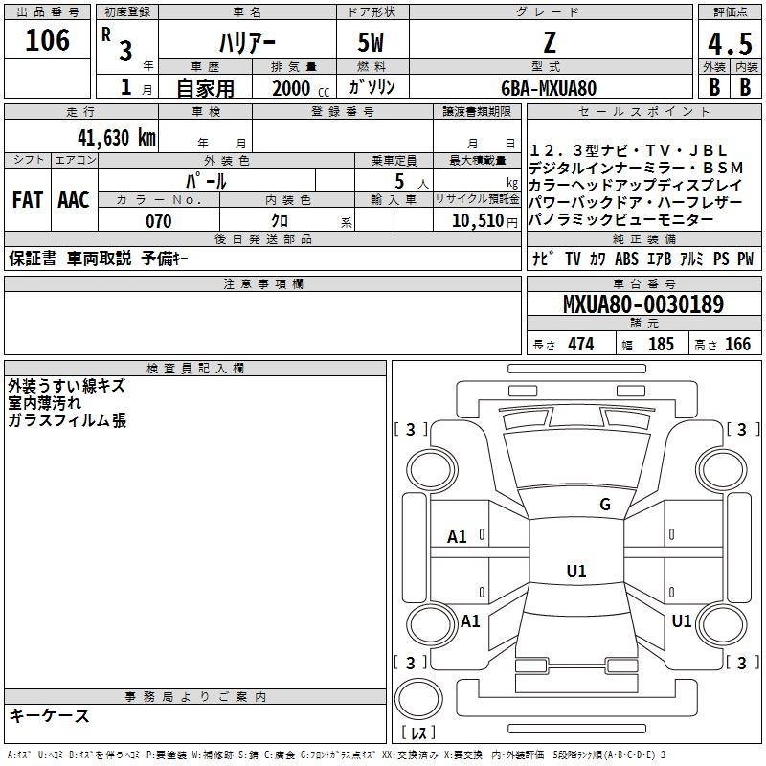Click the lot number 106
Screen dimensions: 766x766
click(x=47, y=40)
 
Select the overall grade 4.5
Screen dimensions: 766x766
click(x=730, y=44)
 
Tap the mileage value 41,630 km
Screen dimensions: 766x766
click(x=116, y=138)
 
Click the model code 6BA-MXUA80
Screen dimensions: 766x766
click(x=549, y=88)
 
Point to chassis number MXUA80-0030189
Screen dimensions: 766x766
click(x=643, y=304)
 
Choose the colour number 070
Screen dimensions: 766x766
click(x=159, y=221)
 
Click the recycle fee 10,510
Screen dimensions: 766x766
click(x=477, y=220)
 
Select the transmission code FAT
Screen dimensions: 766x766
click(x=28, y=200)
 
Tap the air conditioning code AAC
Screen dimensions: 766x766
click(x=74, y=200)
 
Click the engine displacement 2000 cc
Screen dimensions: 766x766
click(x=301, y=88)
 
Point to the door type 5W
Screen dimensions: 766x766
click(x=371, y=42)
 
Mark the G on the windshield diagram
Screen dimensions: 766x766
click(x=605, y=504)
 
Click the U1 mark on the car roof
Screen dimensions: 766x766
click(x=576, y=571)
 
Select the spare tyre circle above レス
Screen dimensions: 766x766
click(x=418, y=699)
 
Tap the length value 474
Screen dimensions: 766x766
click(x=581, y=344)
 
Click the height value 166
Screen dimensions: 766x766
click(x=737, y=344)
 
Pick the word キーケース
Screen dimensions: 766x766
click(x=50, y=716)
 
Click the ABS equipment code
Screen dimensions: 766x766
click(x=626, y=259)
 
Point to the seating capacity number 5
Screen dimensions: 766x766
click(x=399, y=181)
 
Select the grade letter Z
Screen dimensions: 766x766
click(x=550, y=42)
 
